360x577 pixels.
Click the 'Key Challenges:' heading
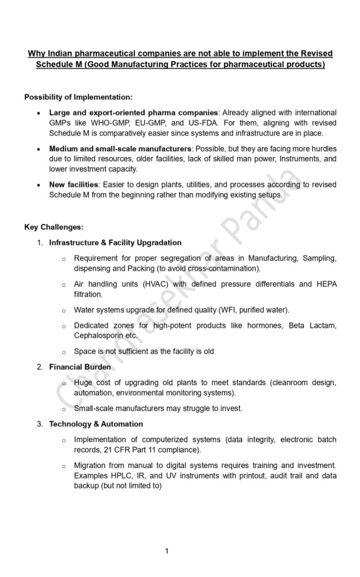[54, 227]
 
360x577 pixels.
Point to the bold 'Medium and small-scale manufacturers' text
[120, 148]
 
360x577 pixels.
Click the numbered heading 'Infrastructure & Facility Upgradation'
[115, 243]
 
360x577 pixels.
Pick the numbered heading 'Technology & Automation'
[96, 424]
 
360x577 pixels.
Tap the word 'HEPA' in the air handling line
[326, 284]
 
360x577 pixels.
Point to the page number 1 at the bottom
[168, 551]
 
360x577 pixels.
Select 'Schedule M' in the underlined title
[55, 65]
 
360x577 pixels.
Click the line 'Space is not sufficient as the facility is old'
[144, 351]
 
